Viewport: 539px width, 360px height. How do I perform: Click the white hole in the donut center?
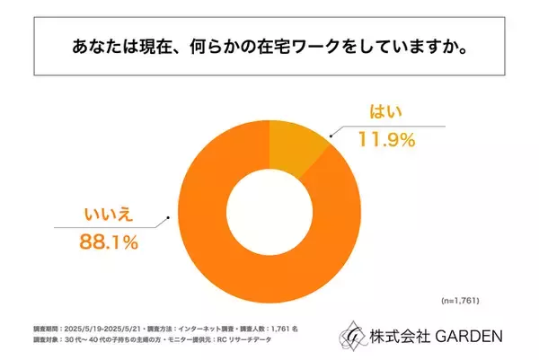click(x=269, y=198)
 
